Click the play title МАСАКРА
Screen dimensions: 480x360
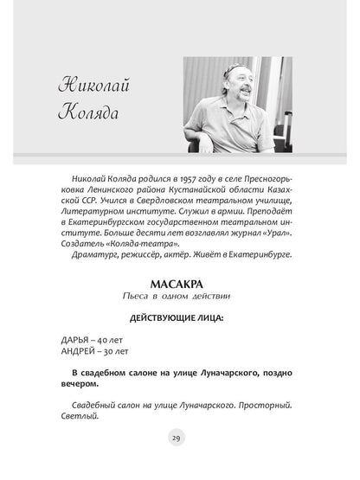pos(180,283)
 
